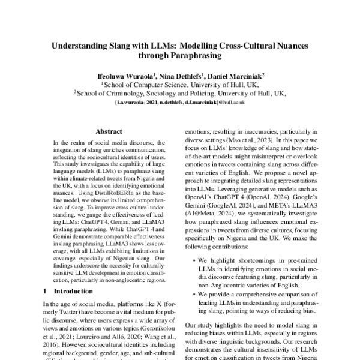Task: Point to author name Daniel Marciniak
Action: pos(237,76)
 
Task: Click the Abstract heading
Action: pos(110,130)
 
